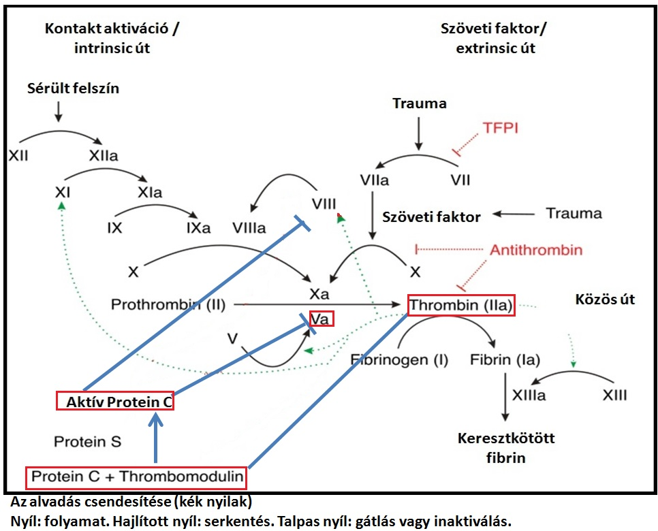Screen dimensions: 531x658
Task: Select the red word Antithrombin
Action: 536,250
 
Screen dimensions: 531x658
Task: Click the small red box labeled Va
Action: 322,318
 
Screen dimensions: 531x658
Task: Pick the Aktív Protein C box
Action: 114,402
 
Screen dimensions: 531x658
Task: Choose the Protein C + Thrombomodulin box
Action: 137,477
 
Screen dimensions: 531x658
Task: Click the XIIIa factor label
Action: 528,396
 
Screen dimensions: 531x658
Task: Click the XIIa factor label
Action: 103,156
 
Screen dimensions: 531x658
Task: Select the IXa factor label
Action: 198,227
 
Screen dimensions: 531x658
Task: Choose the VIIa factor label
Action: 374,180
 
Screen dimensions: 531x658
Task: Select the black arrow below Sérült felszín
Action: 58,111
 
